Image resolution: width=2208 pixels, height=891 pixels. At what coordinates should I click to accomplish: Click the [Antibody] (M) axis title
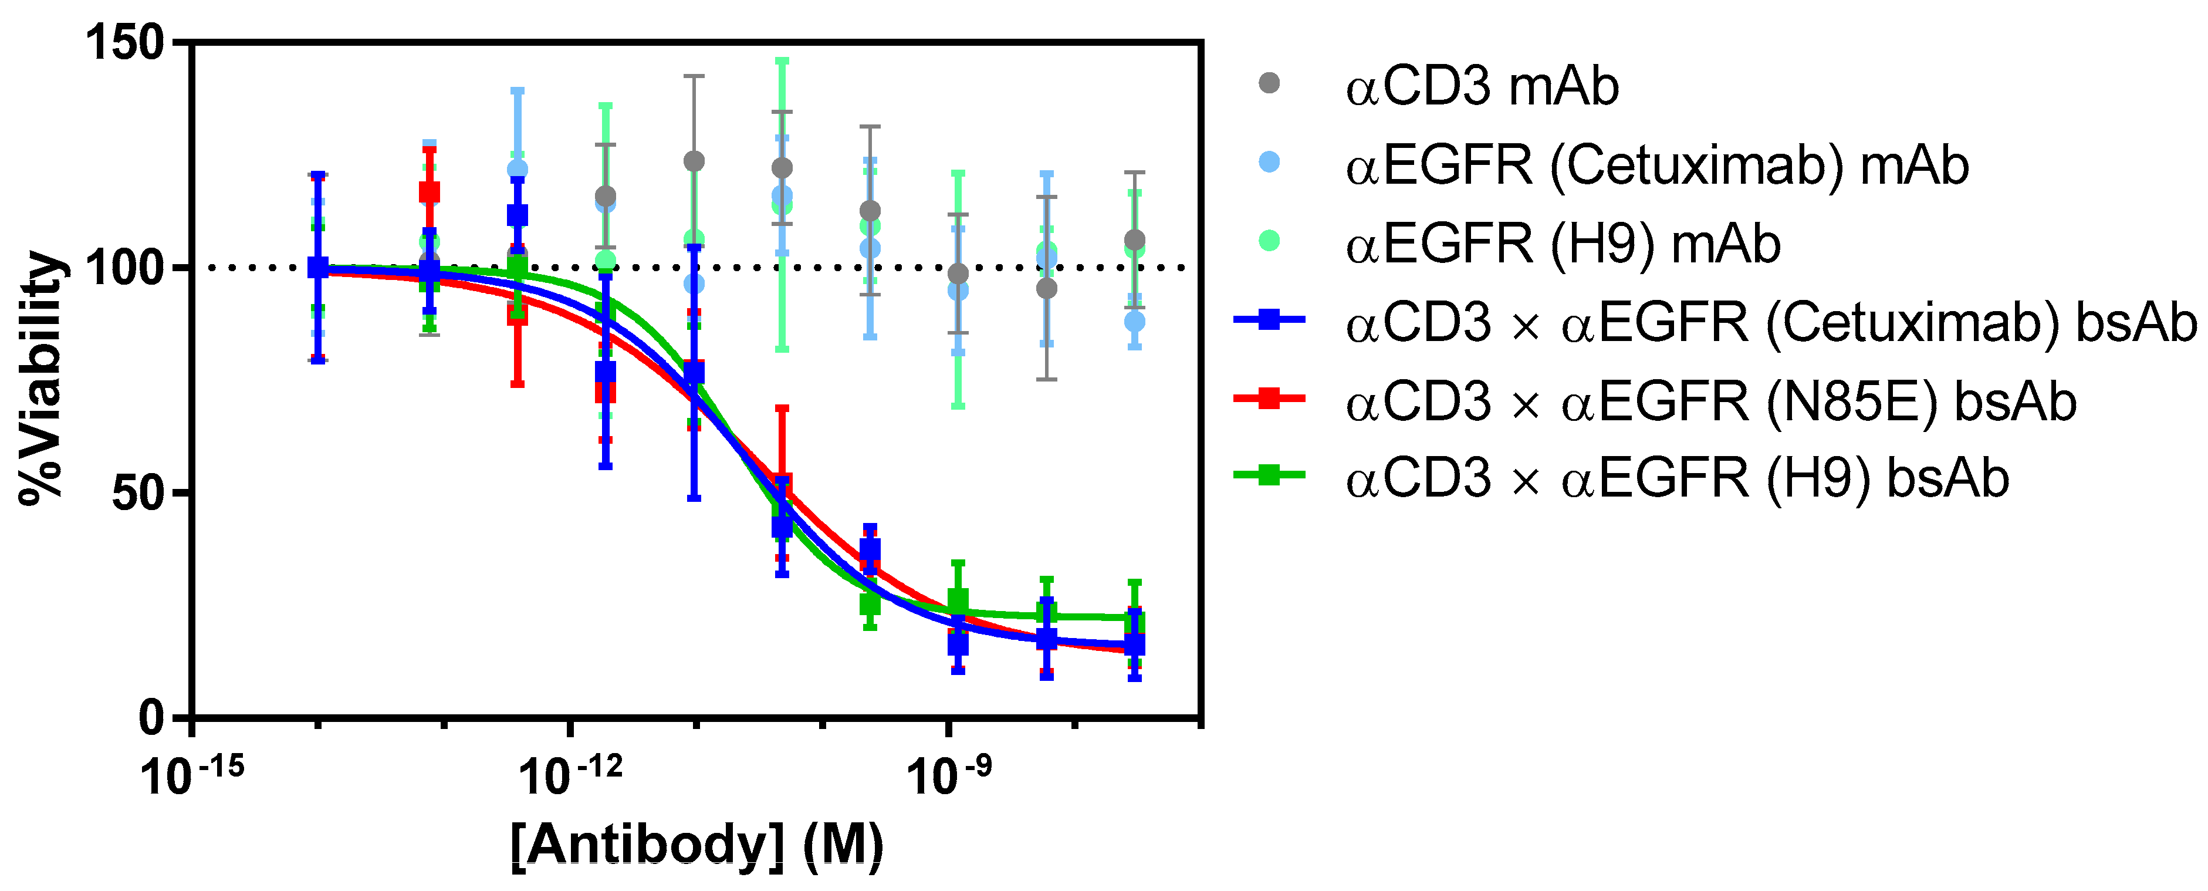[696, 846]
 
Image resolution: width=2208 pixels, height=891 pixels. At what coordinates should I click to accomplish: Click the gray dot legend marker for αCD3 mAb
[1269, 83]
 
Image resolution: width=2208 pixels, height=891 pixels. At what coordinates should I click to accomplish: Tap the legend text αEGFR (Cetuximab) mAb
[1656, 166]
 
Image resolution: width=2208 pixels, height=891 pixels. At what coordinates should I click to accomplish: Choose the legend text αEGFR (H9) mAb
[1563, 244]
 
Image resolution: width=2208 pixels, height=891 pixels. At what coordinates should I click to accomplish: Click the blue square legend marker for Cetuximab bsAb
[1269, 320]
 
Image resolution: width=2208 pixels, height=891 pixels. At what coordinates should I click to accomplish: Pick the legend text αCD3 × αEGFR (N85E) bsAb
[1710, 401]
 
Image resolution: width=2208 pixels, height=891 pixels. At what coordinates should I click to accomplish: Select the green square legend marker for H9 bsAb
[1269, 474]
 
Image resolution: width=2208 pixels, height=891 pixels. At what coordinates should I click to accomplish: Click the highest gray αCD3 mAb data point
[694, 161]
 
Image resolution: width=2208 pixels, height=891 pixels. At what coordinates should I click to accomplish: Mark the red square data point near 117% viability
[430, 192]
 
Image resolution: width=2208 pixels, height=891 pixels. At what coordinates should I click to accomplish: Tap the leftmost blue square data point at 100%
[318, 268]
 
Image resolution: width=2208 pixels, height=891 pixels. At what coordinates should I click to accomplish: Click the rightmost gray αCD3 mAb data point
[1135, 240]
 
